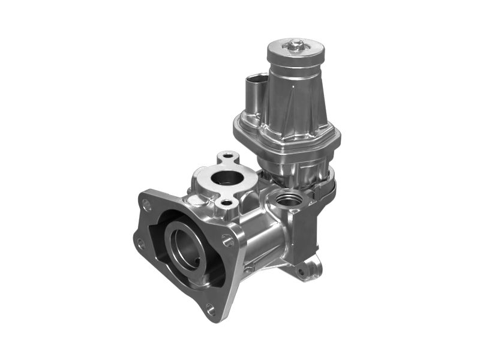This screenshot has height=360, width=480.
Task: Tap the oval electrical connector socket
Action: (x=254, y=80)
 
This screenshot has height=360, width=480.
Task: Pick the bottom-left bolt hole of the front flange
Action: (x=140, y=244)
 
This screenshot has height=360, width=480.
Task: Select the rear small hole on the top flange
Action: (x=227, y=157)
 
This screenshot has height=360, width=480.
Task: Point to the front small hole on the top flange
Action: (x=226, y=203)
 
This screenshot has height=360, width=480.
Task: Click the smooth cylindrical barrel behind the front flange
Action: (x=258, y=240)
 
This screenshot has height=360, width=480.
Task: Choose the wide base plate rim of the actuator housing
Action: (x=282, y=144)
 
